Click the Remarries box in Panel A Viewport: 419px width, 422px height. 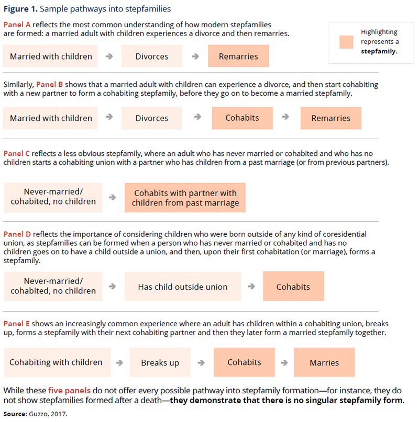pyautogui.click(x=238, y=56)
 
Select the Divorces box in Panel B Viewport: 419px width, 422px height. pyautogui.click(x=152, y=118)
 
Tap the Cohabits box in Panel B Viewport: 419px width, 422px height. pyautogui.click(x=242, y=118)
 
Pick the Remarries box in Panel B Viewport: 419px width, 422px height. pyautogui.click(x=330, y=118)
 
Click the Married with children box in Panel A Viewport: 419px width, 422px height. pyautogui.click(x=51, y=56)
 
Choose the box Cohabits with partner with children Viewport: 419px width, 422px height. pyautogui.click(x=185, y=198)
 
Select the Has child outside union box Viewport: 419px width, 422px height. pyautogui.click(x=183, y=287)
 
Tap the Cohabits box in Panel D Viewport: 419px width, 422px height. pyautogui.click(x=293, y=287)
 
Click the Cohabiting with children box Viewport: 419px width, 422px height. pyautogui.click(x=56, y=362)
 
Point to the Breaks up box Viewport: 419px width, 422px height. pyautogui.click(x=160, y=362)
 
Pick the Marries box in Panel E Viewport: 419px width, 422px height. pyautogui.click(x=324, y=362)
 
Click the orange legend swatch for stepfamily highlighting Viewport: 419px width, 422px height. pyautogui.click(x=346, y=42)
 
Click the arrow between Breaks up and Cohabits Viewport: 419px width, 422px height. pyautogui.click(x=201, y=362)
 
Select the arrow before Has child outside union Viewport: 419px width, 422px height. pyautogui.click(x=112, y=286)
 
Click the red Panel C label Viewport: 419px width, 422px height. pyautogui.click(x=17, y=154)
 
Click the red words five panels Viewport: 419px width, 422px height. pyautogui.click(x=66, y=390)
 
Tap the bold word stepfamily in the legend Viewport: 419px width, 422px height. pyautogui.click(x=378, y=51)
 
